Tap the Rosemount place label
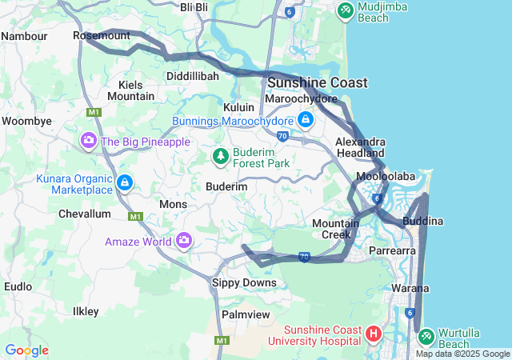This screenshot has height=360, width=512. pos(102,36)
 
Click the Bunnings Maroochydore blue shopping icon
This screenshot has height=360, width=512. pos(305,120)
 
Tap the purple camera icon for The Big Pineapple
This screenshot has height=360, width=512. pos(89,142)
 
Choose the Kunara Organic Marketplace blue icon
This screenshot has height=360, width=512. pos(124,183)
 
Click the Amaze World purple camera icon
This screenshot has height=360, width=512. pos(185,240)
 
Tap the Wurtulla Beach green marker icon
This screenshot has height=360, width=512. pos(426,334)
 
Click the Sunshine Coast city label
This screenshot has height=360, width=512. pos(318,82)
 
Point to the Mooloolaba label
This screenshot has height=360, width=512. pos(385,176)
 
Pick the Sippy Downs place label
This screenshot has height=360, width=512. pos(244,282)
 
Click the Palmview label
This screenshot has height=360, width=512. pos(246,314)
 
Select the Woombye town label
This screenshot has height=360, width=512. pos(26,121)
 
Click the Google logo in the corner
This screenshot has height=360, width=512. pos(26,350)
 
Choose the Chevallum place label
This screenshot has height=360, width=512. pos(84,214)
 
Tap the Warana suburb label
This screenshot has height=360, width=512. pos(410,288)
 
